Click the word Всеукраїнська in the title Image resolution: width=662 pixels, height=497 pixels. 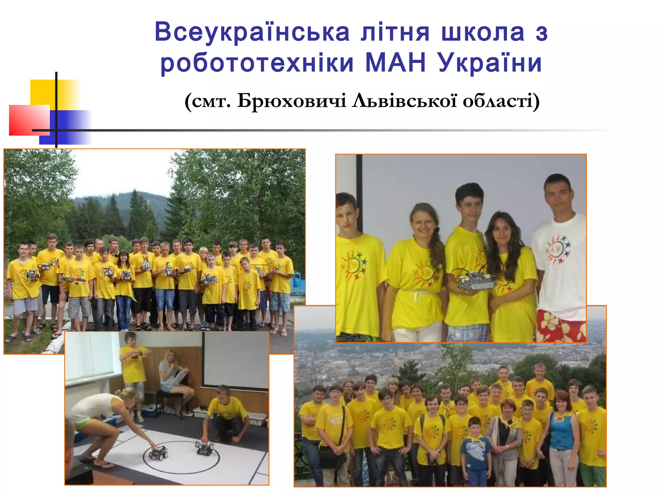(x=252, y=32)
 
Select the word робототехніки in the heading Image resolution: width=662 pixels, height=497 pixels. (x=257, y=63)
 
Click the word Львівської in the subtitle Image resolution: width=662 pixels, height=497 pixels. (x=404, y=101)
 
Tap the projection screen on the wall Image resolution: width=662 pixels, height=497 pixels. (x=236, y=359)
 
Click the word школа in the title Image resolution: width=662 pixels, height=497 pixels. (x=483, y=32)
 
